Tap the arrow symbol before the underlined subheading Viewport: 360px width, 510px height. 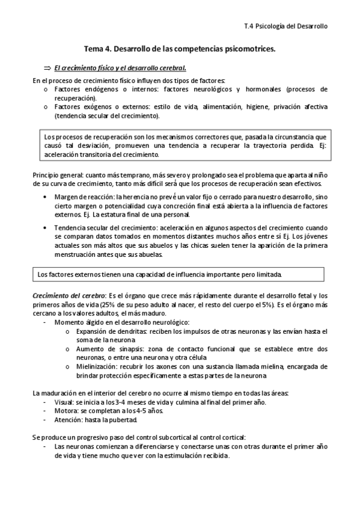(46, 68)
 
